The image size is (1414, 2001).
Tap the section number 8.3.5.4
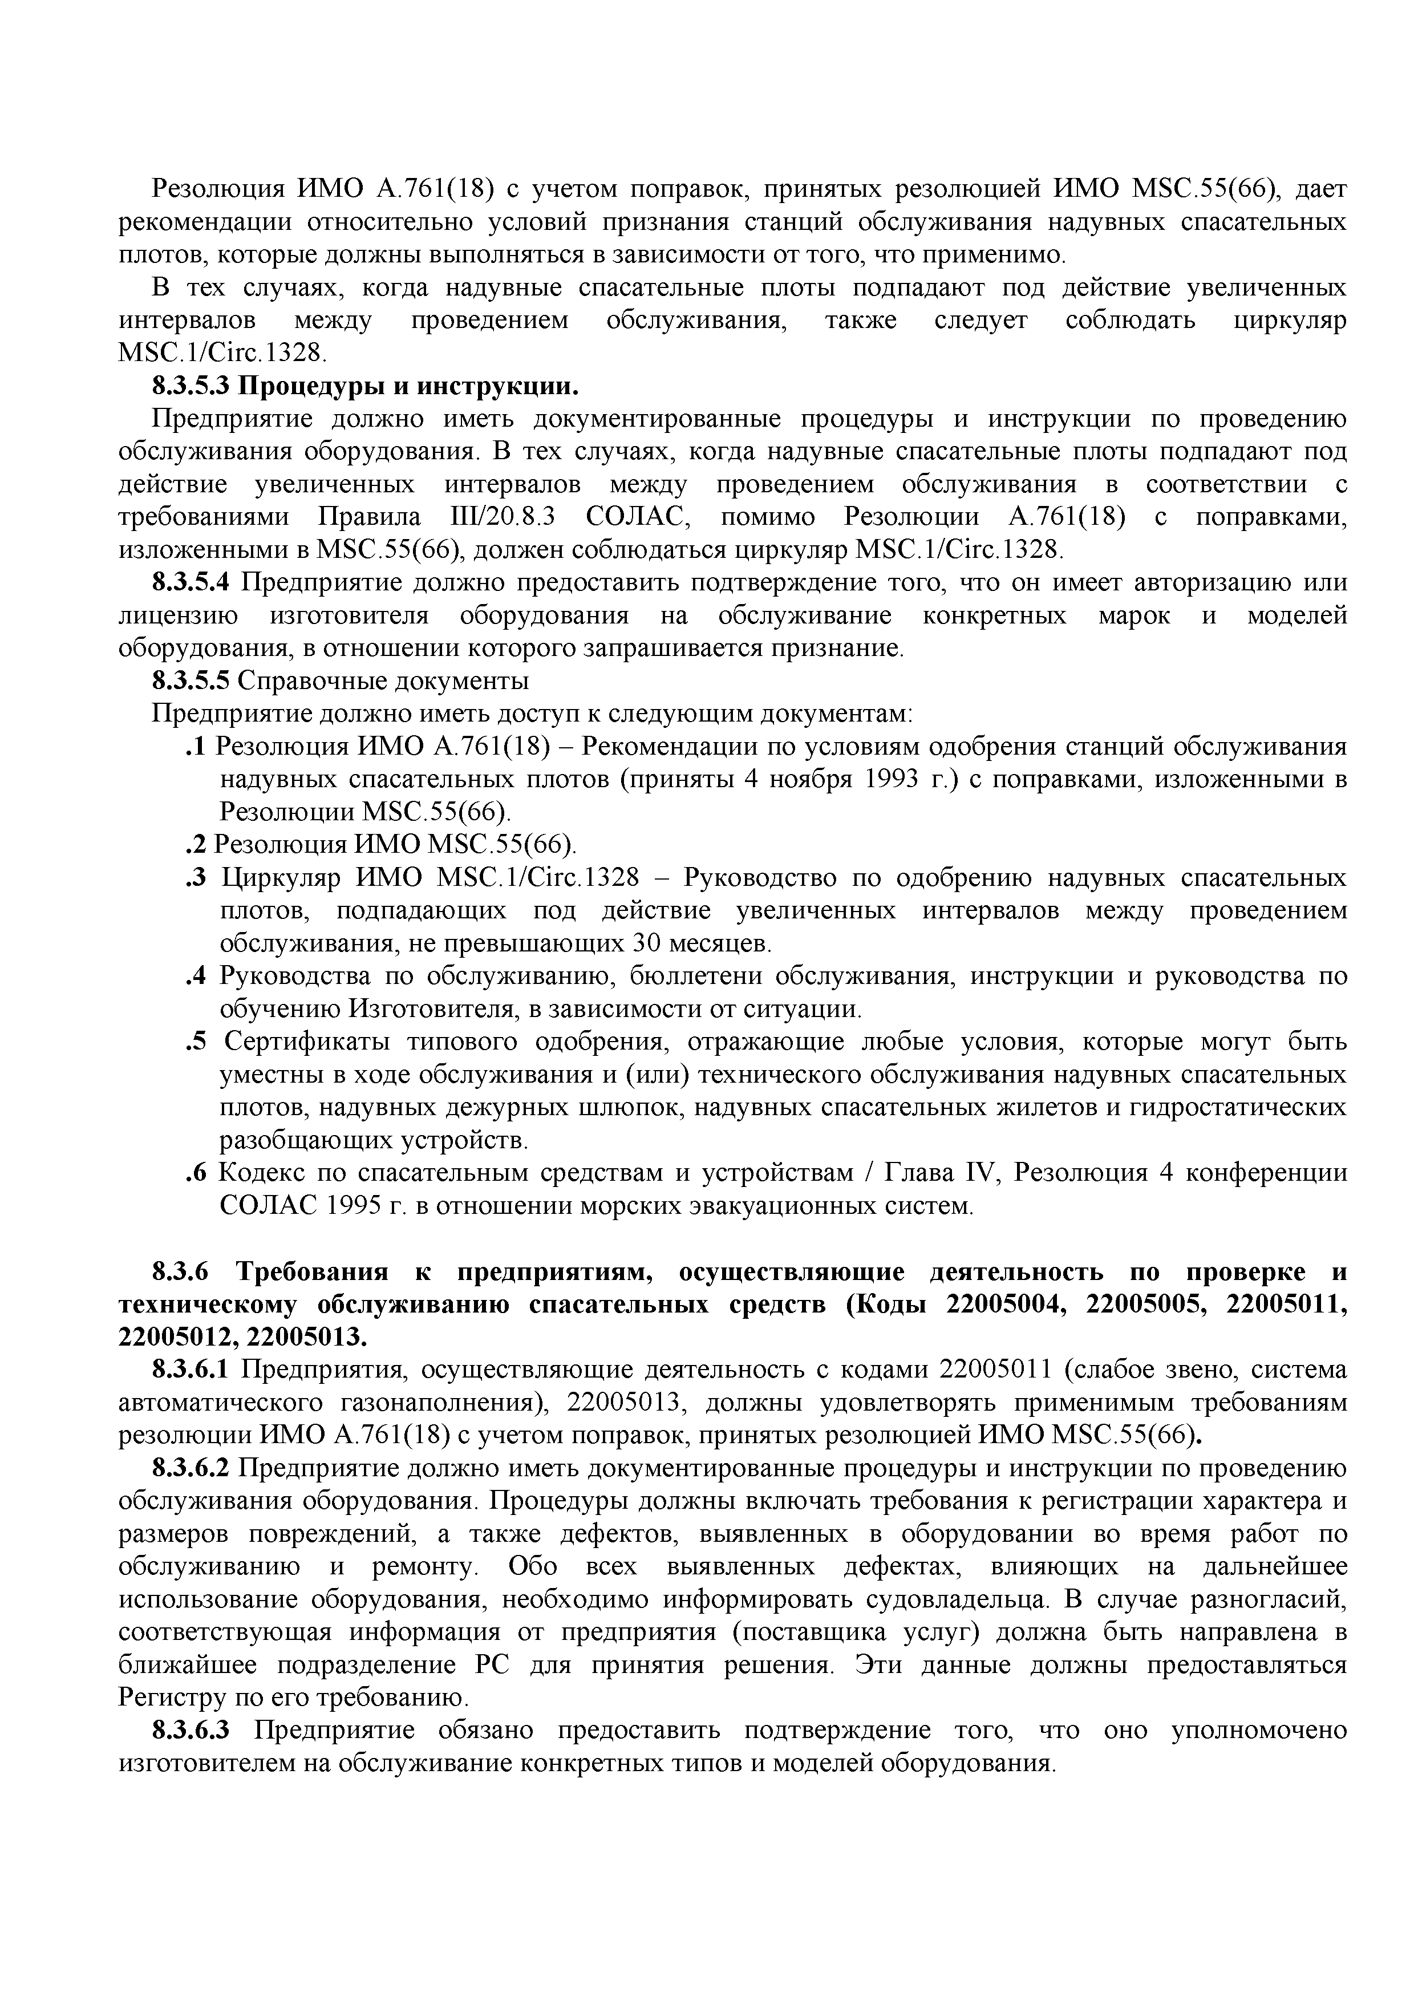(x=192, y=582)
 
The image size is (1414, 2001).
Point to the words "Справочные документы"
(x=383, y=680)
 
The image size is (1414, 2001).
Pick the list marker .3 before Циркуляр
(x=195, y=878)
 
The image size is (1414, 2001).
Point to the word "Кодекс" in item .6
(x=262, y=1174)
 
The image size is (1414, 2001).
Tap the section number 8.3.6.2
(x=192, y=1469)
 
